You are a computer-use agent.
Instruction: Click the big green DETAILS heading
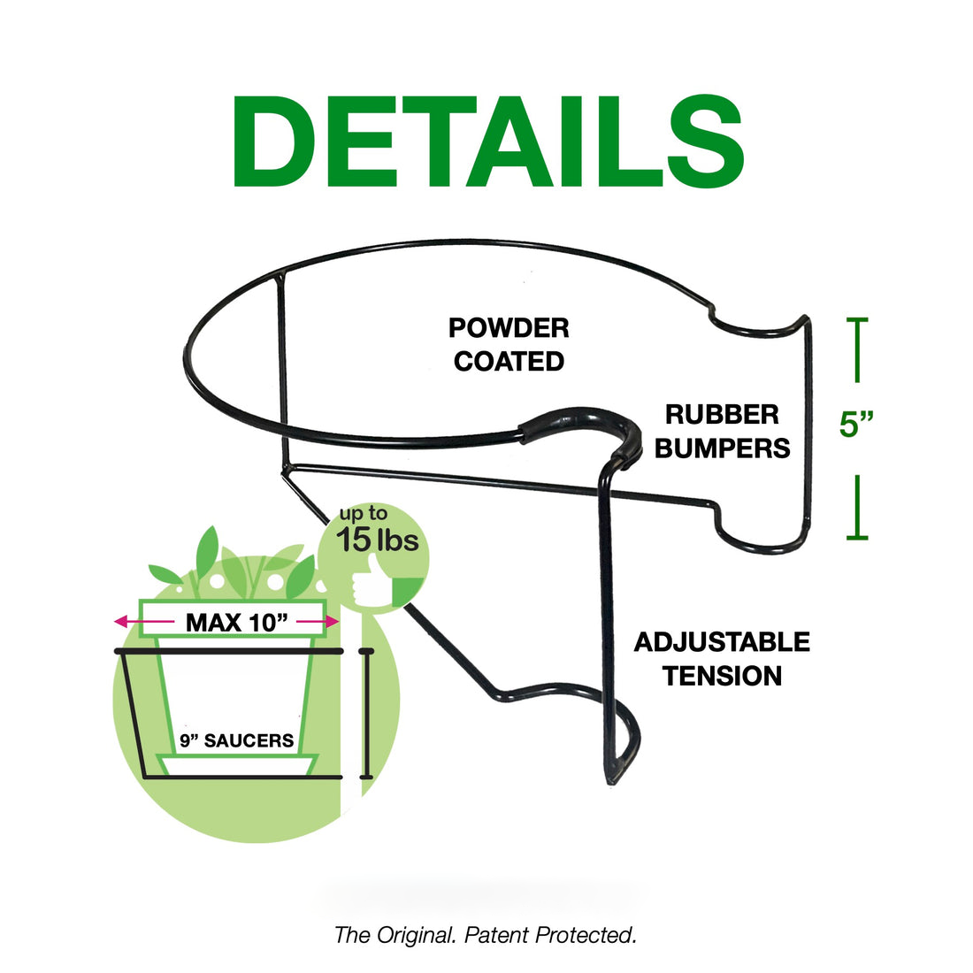click(487, 142)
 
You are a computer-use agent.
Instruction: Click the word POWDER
click(509, 328)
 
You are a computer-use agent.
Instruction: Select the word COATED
click(509, 362)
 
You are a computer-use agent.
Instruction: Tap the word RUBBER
click(722, 415)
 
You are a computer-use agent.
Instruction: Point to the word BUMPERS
click(722, 448)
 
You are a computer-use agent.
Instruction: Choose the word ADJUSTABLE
click(722, 642)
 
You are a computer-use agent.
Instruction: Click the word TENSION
click(722, 676)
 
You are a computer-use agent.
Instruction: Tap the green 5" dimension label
click(856, 425)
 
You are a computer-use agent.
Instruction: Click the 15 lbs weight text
click(377, 540)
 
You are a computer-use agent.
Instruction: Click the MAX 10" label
click(237, 623)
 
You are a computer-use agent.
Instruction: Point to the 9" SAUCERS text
click(236, 741)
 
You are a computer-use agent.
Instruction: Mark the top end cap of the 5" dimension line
click(856, 319)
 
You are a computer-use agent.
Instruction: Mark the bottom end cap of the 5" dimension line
click(856, 537)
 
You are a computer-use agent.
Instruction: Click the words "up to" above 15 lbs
click(364, 514)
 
